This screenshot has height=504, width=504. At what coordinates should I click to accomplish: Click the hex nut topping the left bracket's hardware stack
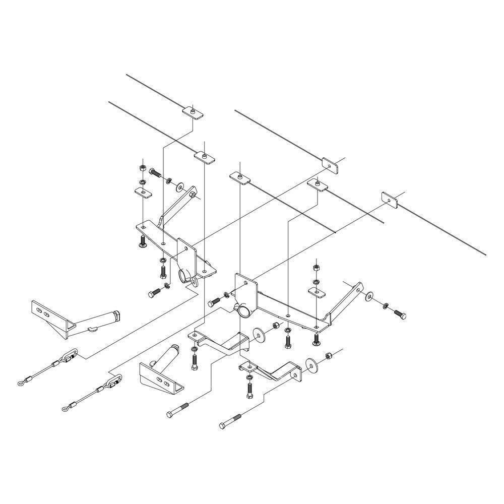pos(143,166)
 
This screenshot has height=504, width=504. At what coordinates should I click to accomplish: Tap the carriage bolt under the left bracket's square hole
pos(143,241)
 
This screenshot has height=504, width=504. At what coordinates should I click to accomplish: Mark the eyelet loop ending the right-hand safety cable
pos(65,409)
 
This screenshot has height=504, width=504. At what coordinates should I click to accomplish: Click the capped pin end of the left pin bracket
pos(117,317)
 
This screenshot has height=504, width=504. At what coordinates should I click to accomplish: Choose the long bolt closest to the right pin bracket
pos(177,410)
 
